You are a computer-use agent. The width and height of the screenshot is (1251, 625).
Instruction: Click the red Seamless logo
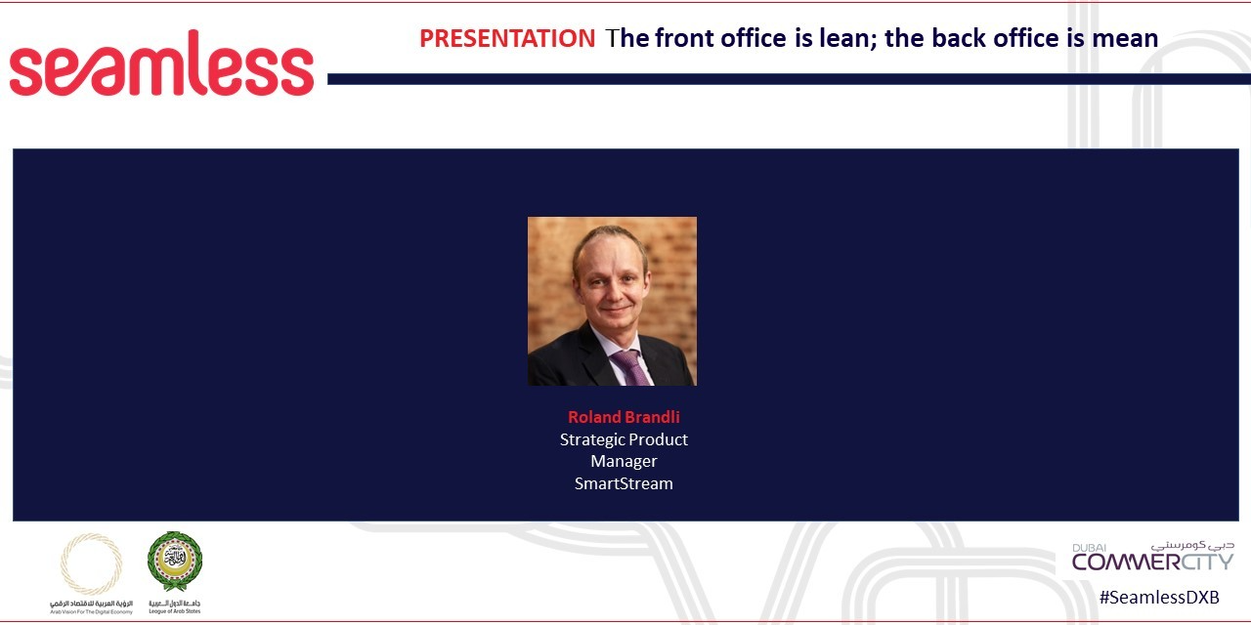pos(161,64)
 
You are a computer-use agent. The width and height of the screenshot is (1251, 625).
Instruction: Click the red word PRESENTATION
pos(506,38)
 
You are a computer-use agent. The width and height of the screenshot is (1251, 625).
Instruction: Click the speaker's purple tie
pos(630,366)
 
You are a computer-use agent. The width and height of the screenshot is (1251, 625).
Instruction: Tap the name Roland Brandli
pos(624,417)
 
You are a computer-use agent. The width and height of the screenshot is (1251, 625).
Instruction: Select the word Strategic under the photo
pos(591,439)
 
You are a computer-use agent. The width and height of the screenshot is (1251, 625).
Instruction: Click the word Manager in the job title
pos(624,461)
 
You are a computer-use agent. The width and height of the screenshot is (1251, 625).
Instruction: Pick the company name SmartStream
pos(624,483)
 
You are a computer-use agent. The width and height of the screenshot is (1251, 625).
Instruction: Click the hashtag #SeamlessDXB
pos(1159,598)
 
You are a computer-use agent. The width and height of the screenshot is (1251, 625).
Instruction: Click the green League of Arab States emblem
pos(175,562)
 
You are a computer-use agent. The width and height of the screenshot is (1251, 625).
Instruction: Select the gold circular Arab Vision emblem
pos(92,563)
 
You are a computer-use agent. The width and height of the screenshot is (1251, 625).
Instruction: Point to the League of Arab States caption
pos(175,608)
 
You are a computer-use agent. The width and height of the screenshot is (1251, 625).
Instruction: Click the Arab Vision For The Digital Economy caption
pos(92,608)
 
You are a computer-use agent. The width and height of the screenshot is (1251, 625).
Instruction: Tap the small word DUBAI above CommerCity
pos(1088,548)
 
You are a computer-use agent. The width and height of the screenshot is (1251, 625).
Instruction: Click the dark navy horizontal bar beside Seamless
pos(782,79)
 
